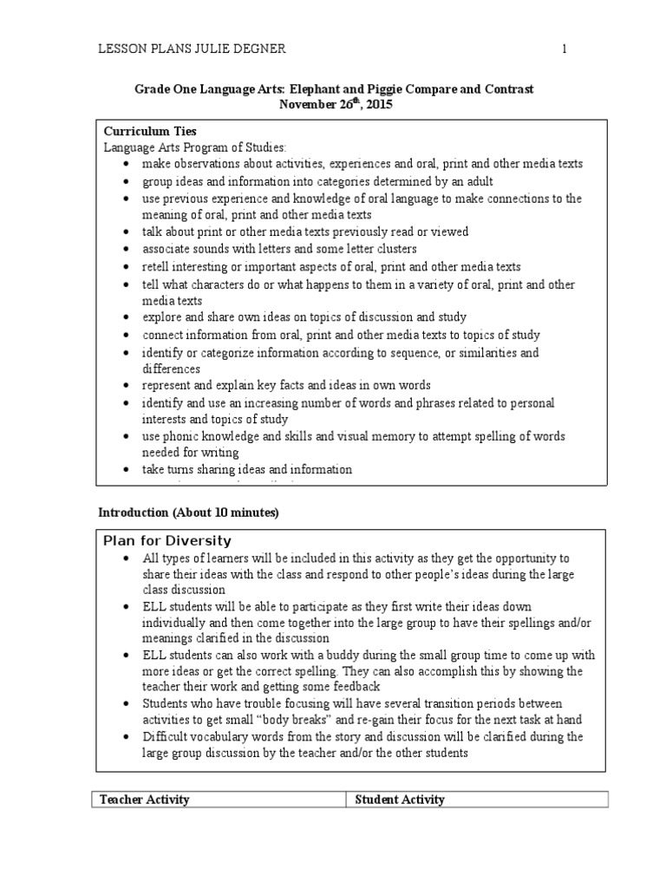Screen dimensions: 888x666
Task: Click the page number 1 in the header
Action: pyautogui.click(x=564, y=49)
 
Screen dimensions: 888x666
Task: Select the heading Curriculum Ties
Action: pyautogui.click(x=150, y=131)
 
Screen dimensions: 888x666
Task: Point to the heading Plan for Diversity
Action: pyautogui.click(x=167, y=541)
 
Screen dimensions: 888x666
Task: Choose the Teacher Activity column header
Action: pyautogui.click(x=145, y=800)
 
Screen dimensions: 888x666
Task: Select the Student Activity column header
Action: pyautogui.click(x=400, y=800)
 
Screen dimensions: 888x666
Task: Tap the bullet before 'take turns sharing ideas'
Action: pyautogui.click(x=127, y=470)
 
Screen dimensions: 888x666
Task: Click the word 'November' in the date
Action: pyautogui.click(x=304, y=104)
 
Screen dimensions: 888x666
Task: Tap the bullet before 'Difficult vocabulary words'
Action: pyautogui.click(x=127, y=737)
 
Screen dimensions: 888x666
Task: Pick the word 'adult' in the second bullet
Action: pyautogui.click(x=476, y=181)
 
